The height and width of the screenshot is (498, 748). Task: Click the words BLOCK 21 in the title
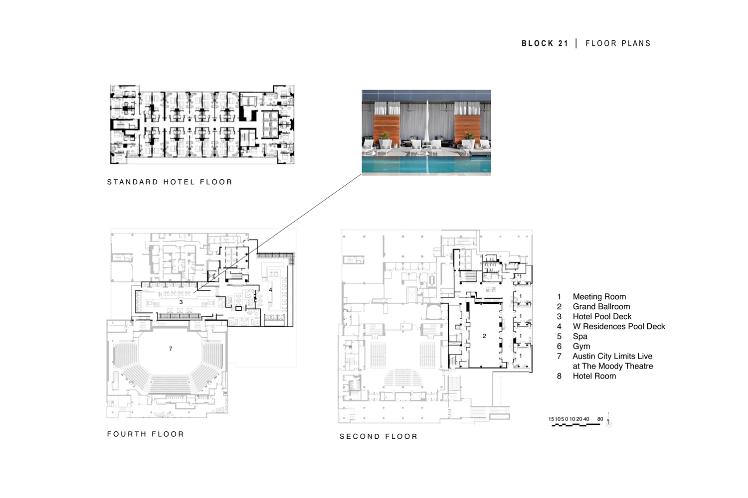point(545,43)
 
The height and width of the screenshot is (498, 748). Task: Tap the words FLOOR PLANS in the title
point(618,43)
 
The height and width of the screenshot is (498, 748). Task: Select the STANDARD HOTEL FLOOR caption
point(170,182)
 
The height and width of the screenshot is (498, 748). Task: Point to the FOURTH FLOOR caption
point(146,434)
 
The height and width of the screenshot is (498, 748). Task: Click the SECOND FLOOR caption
point(378,437)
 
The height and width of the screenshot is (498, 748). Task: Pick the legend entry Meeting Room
point(599,297)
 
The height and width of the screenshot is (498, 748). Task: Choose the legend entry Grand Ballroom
point(601,307)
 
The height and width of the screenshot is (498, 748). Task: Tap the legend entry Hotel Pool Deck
point(602,317)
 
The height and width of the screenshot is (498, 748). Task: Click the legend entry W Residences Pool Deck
point(619,327)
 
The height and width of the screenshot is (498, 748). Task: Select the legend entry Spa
point(580,337)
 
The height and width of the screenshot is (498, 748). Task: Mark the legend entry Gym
point(581,347)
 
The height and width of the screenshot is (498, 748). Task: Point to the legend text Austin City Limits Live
point(612,357)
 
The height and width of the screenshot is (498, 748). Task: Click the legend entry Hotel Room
point(594,376)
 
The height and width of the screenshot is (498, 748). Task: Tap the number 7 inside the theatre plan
point(171,349)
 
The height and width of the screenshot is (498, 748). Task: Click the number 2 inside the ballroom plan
point(484,336)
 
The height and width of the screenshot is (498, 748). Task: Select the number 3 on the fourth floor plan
point(181,302)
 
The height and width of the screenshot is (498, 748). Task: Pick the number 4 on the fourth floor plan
point(270,290)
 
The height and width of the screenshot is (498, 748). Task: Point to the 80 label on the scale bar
point(600,419)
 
